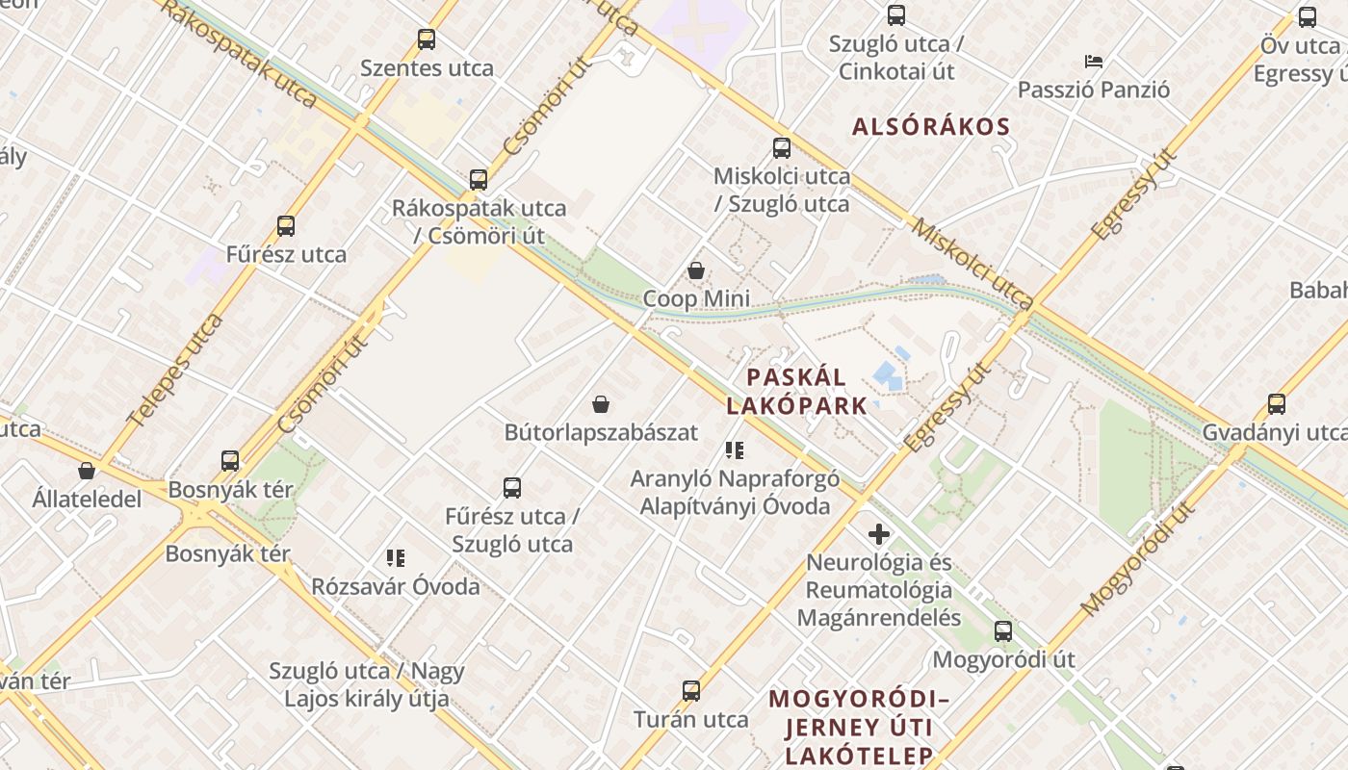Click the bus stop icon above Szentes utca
426,39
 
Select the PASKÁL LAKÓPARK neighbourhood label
797,391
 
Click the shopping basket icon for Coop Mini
695,270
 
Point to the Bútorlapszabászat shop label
601,432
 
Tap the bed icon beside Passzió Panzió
1093,62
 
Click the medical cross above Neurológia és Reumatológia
878,533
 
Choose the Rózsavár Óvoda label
395,586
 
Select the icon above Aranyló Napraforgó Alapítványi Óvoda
735,449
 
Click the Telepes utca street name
175,370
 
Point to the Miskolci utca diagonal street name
972,260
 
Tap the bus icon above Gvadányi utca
1276,404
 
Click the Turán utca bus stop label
690,719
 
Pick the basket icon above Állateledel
87,471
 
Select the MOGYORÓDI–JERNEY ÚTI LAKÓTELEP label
859,727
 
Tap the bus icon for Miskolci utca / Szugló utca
781,148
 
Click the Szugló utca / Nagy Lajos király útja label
366,684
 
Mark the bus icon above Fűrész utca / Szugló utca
511,488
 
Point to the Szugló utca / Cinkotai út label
896,58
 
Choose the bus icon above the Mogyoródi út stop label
1002,631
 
